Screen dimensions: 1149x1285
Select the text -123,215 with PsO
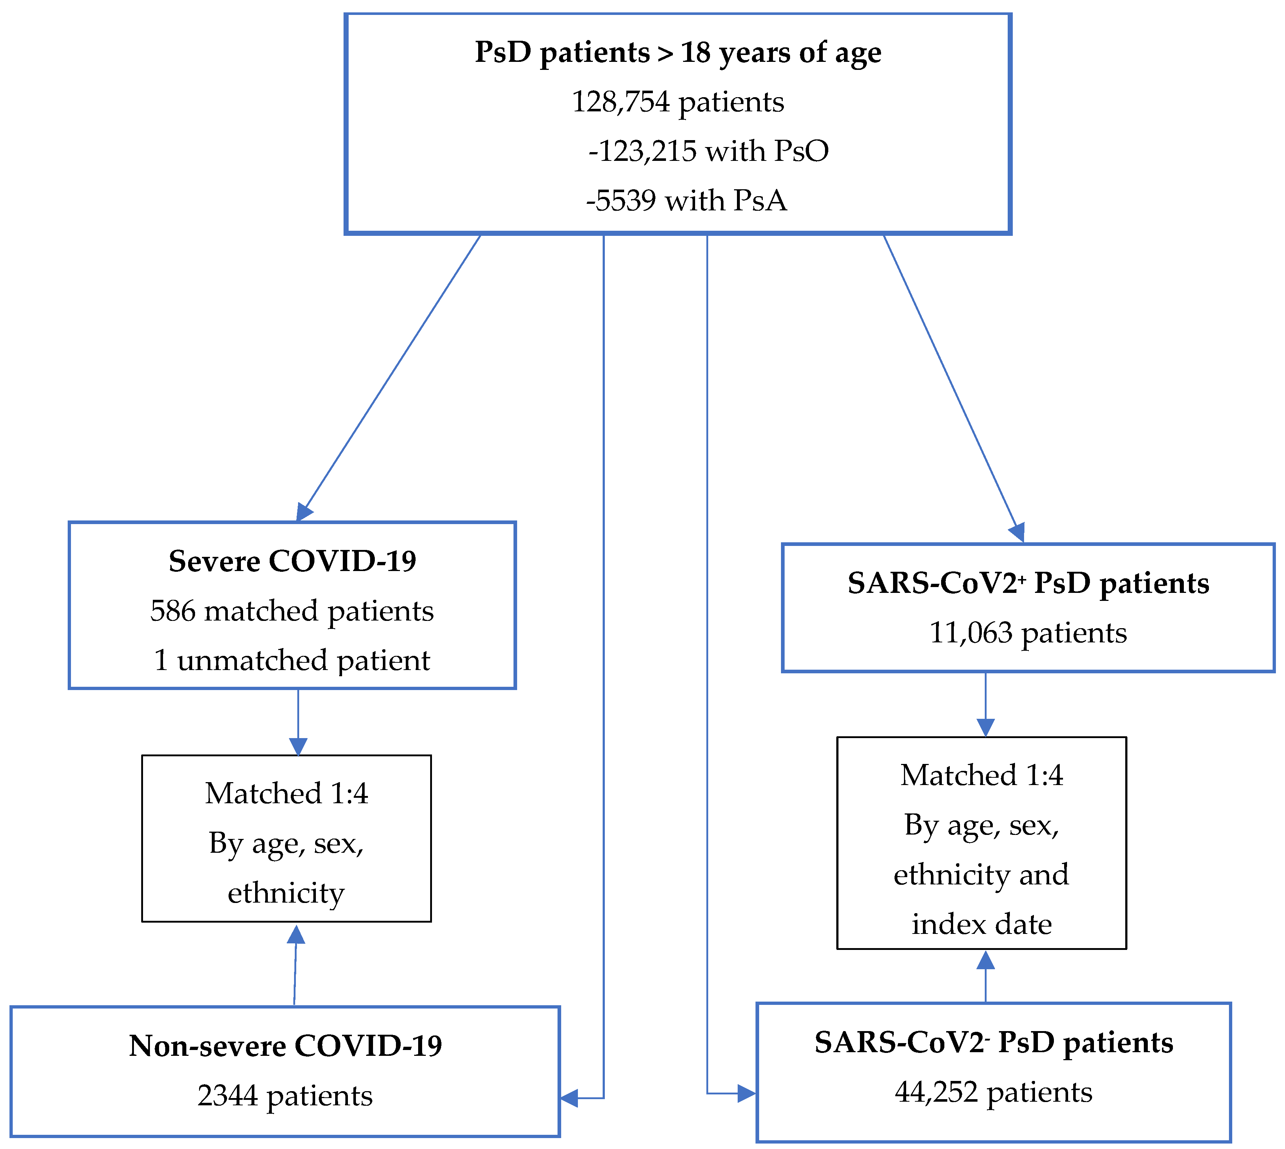(708, 151)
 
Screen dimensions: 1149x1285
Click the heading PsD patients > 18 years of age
(678, 52)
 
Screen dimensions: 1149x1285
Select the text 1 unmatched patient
(292, 660)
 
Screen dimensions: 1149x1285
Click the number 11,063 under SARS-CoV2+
(971, 633)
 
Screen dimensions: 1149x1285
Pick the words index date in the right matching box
(981, 924)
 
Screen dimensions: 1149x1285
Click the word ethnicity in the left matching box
(286, 893)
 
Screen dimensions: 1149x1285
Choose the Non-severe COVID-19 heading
(285, 1046)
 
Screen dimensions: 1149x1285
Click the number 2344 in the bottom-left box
(227, 1095)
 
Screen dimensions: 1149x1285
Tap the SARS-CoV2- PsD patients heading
(994, 1042)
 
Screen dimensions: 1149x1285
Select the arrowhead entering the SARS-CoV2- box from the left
(747, 1093)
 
